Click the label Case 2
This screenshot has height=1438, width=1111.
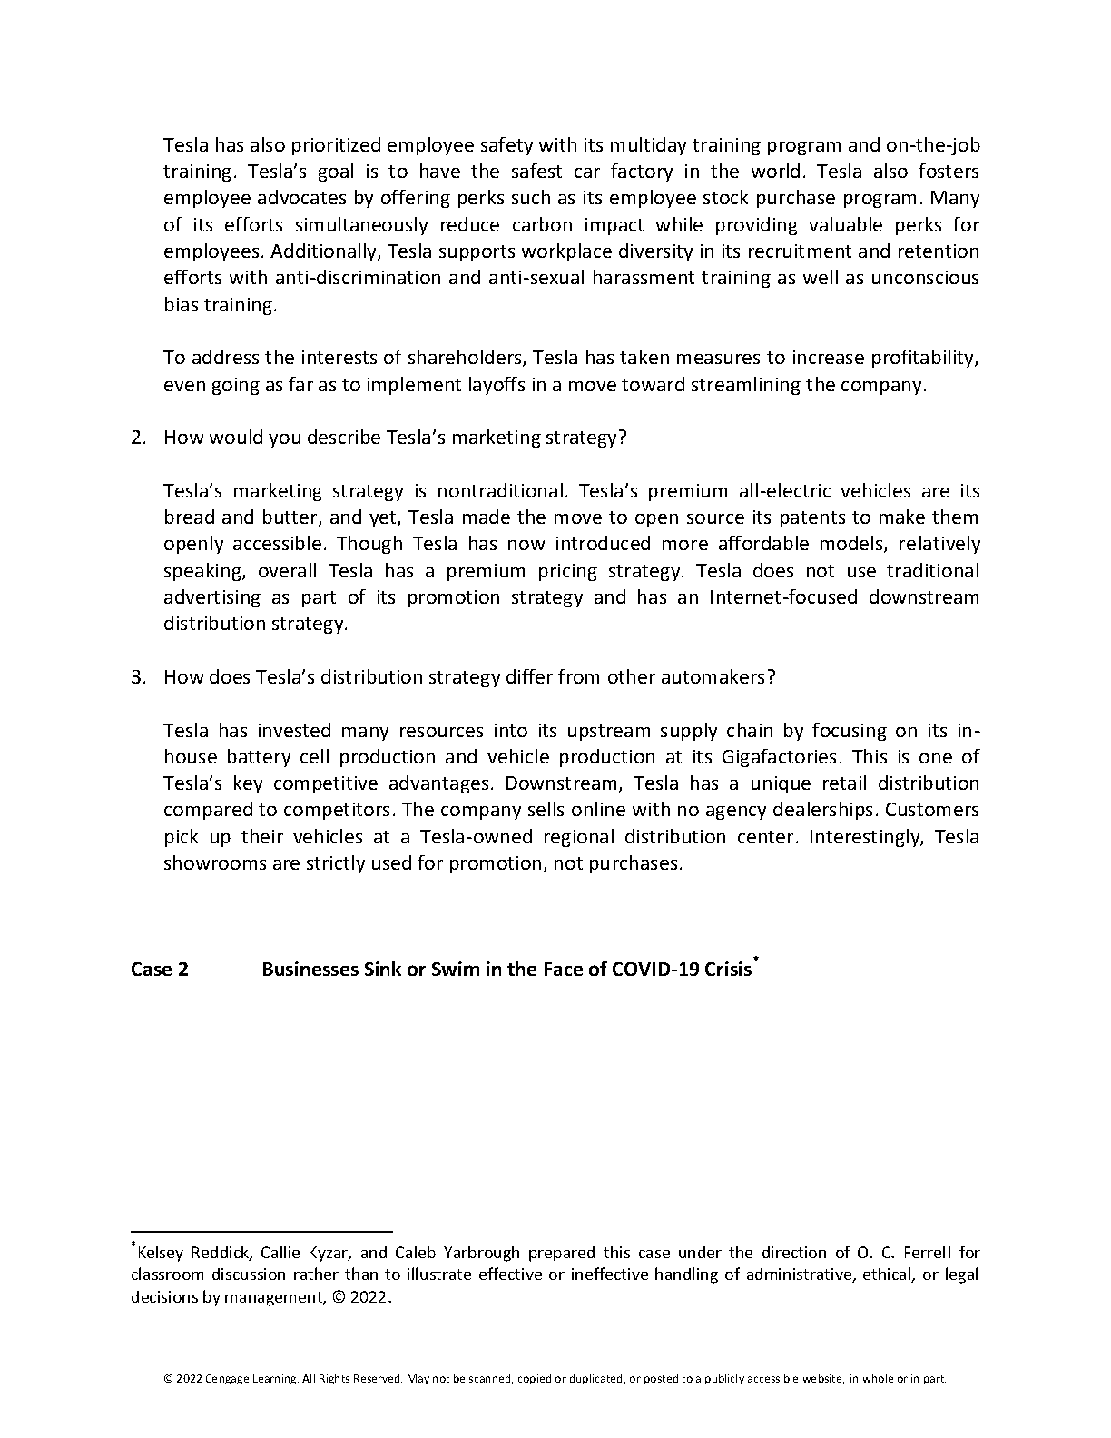pos(160,970)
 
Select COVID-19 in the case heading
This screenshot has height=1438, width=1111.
pos(655,970)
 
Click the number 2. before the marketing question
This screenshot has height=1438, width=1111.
pos(138,438)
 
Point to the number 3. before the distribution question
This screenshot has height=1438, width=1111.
pos(138,677)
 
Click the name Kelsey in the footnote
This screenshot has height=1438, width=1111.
pos(160,1254)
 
